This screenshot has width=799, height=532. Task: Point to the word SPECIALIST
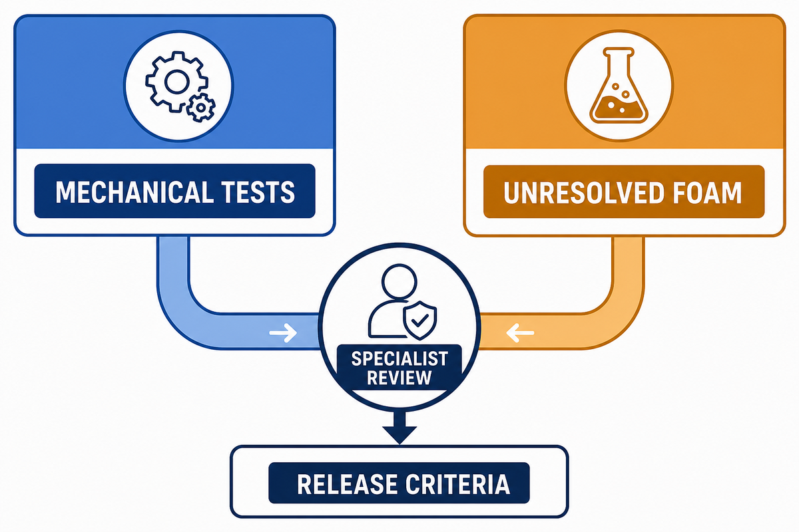click(400, 358)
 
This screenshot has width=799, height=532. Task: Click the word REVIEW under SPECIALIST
click(400, 378)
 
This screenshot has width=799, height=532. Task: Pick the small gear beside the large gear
click(201, 107)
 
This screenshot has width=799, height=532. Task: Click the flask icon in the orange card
click(619, 86)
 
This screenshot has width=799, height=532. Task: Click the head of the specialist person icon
click(399, 281)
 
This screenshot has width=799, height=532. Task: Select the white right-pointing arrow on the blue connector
click(283, 333)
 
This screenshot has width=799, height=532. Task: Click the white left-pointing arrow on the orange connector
click(520, 333)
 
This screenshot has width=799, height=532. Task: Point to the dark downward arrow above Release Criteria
click(400, 428)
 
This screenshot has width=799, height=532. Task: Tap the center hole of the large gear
click(176, 82)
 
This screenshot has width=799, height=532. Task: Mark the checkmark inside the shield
click(420, 320)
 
